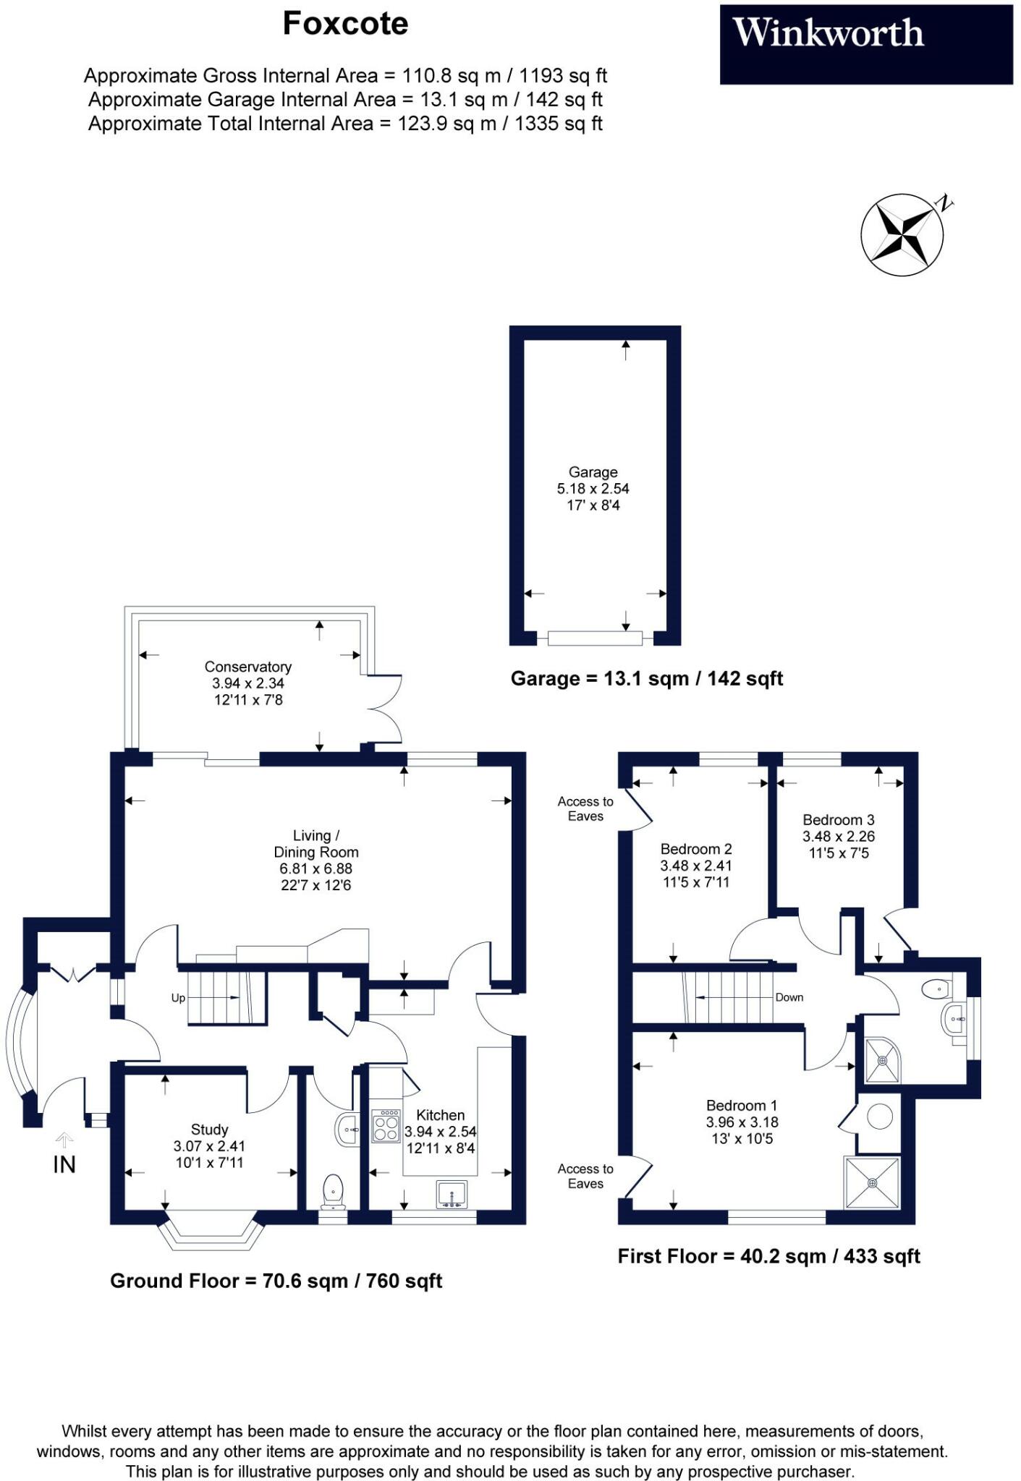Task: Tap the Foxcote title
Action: (345, 24)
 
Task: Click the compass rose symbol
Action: (902, 234)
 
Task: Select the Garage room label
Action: (593, 472)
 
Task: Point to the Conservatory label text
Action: (247, 667)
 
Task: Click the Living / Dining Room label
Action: (316, 844)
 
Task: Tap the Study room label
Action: (210, 1130)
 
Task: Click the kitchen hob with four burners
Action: (386, 1127)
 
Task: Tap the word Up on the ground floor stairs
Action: (178, 998)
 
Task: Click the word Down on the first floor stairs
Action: (789, 997)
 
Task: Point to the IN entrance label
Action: (64, 1165)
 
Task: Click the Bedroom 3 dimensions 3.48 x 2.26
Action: (838, 837)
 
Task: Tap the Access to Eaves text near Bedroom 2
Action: (585, 808)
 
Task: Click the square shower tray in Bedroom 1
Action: (872, 1183)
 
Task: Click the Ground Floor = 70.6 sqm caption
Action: (276, 1281)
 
